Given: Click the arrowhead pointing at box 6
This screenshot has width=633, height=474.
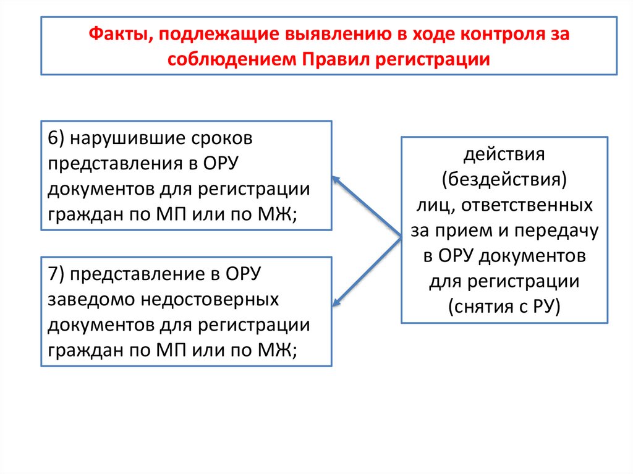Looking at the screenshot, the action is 336,179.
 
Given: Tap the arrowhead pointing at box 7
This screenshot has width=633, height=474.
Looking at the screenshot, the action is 337,302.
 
